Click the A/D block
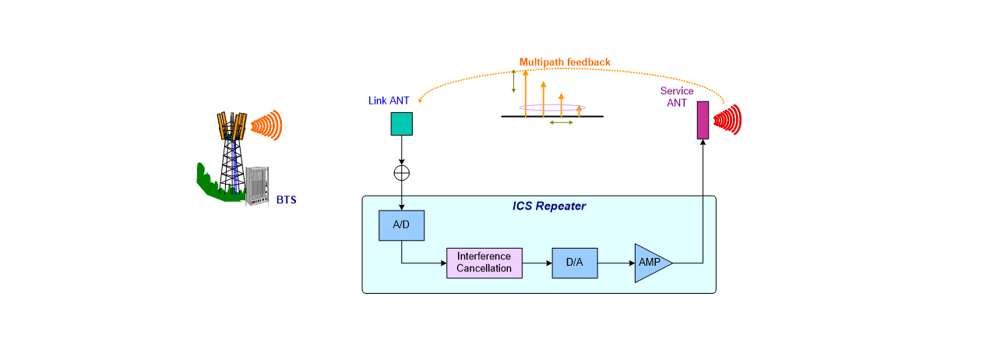[401, 225]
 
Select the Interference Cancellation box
[484, 263]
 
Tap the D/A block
[574, 263]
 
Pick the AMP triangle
[650, 263]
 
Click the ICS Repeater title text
[548, 206]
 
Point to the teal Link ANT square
[402, 123]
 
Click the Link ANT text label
[389, 101]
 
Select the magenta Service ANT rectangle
[703, 121]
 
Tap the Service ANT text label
[677, 97]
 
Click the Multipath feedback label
[565, 62]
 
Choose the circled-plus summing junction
[402, 171]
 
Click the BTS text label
[287, 200]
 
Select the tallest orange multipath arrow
[526, 93]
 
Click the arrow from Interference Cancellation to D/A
[536, 263]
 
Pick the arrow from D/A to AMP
[615, 263]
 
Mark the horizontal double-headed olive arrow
[562, 122]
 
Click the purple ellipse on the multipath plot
[558, 108]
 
